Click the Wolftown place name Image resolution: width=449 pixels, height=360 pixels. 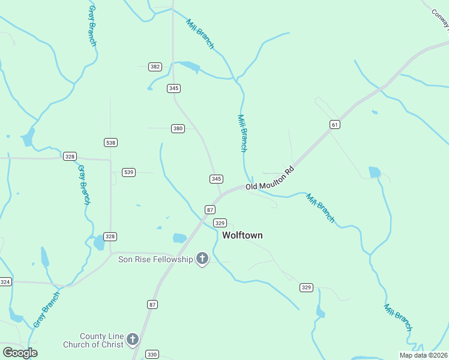coord(243,236)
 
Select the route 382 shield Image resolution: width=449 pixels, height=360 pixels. coord(155,67)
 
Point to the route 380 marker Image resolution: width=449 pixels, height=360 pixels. coord(178,128)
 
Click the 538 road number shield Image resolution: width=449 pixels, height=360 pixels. coord(110,142)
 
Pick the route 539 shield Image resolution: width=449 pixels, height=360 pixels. coord(128,172)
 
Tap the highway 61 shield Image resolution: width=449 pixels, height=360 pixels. coord(335,124)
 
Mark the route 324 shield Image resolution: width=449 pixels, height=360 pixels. coord(5,281)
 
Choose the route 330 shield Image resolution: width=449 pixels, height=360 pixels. coord(152,355)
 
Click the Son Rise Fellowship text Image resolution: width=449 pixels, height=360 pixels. coord(155,259)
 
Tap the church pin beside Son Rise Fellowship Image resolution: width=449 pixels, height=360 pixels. coord(202,259)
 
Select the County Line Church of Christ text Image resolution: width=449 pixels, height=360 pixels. coord(93,340)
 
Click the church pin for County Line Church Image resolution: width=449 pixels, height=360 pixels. coord(133,340)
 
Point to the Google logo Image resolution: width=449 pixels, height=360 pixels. coord(20,353)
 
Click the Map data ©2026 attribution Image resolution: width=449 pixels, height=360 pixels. coord(423,355)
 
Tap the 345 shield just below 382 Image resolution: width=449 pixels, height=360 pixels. coord(173,88)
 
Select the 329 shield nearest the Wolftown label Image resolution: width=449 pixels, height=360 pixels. coord(220,223)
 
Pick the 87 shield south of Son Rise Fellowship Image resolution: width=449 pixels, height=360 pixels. coord(152,305)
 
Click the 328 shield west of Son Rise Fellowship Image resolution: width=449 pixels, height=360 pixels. coord(110,236)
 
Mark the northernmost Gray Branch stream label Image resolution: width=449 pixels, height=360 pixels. coord(92,25)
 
